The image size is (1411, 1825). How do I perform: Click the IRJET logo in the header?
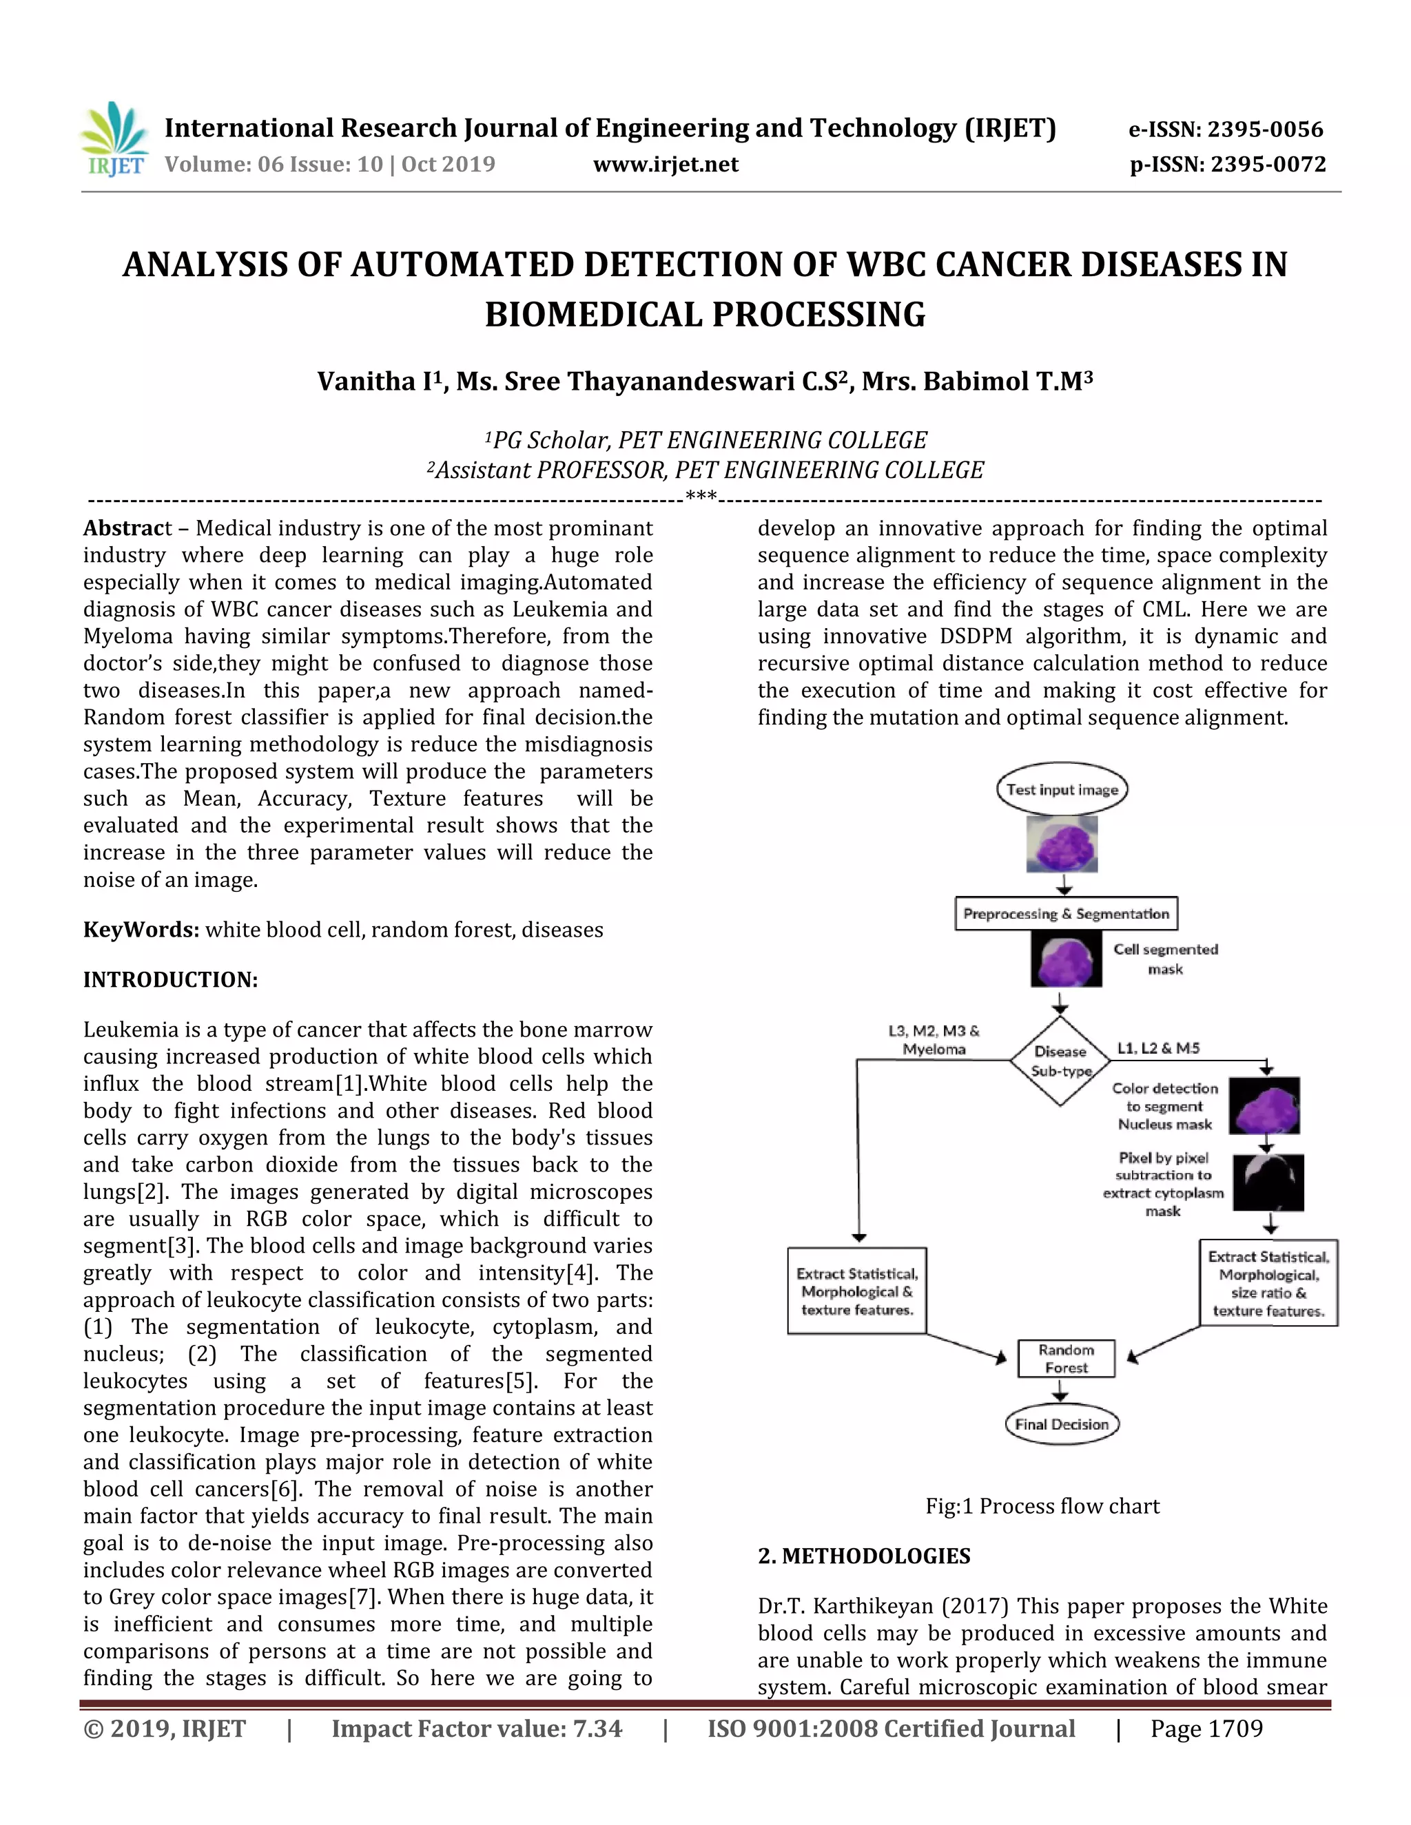[x=114, y=140]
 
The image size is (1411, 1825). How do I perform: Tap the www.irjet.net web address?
[x=666, y=165]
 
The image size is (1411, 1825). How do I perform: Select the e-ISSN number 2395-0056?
[x=1226, y=129]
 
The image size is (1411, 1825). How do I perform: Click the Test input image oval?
[x=1062, y=789]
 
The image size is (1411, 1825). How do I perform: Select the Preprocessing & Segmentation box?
[x=1066, y=913]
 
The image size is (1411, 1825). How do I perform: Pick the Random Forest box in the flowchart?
[x=1066, y=1359]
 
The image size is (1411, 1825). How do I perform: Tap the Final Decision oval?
[x=1062, y=1424]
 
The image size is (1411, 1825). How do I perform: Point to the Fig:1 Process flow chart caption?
[x=1042, y=1505]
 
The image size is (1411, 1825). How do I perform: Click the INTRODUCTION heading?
[x=171, y=979]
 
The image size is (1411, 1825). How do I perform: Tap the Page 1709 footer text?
[x=1206, y=1729]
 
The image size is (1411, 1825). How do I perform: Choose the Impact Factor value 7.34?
[x=477, y=1729]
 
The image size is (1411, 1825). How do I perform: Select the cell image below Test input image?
[x=1062, y=844]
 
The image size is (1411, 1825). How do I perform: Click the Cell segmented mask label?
[x=1165, y=959]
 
